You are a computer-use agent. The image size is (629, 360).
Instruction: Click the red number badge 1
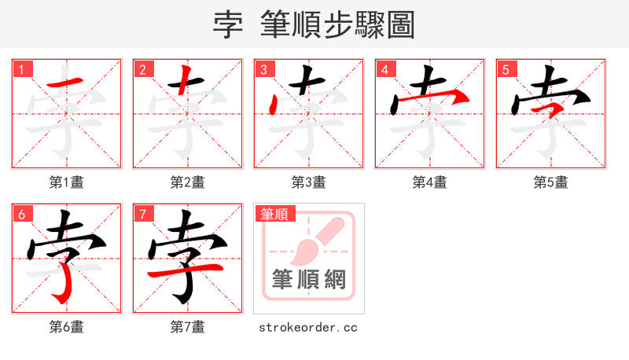[x=21, y=69]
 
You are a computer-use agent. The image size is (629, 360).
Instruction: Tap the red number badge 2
[x=142, y=69]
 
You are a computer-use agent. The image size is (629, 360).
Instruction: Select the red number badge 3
[x=263, y=69]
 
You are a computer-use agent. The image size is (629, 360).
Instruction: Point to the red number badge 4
[x=384, y=69]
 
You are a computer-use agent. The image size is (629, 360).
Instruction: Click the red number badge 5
[x=506, y=69]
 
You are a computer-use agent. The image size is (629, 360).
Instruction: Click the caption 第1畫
[x=66, y=182]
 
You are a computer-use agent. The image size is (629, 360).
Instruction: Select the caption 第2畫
[x=187, y=182]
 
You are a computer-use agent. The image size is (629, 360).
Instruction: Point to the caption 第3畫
[x=308, y=182]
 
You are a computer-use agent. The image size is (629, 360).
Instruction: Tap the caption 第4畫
[x=429, y=182]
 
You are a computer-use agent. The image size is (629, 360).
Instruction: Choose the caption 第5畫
[x=550, y=182]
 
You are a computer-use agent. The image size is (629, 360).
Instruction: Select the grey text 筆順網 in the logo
[x=309, y=279]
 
